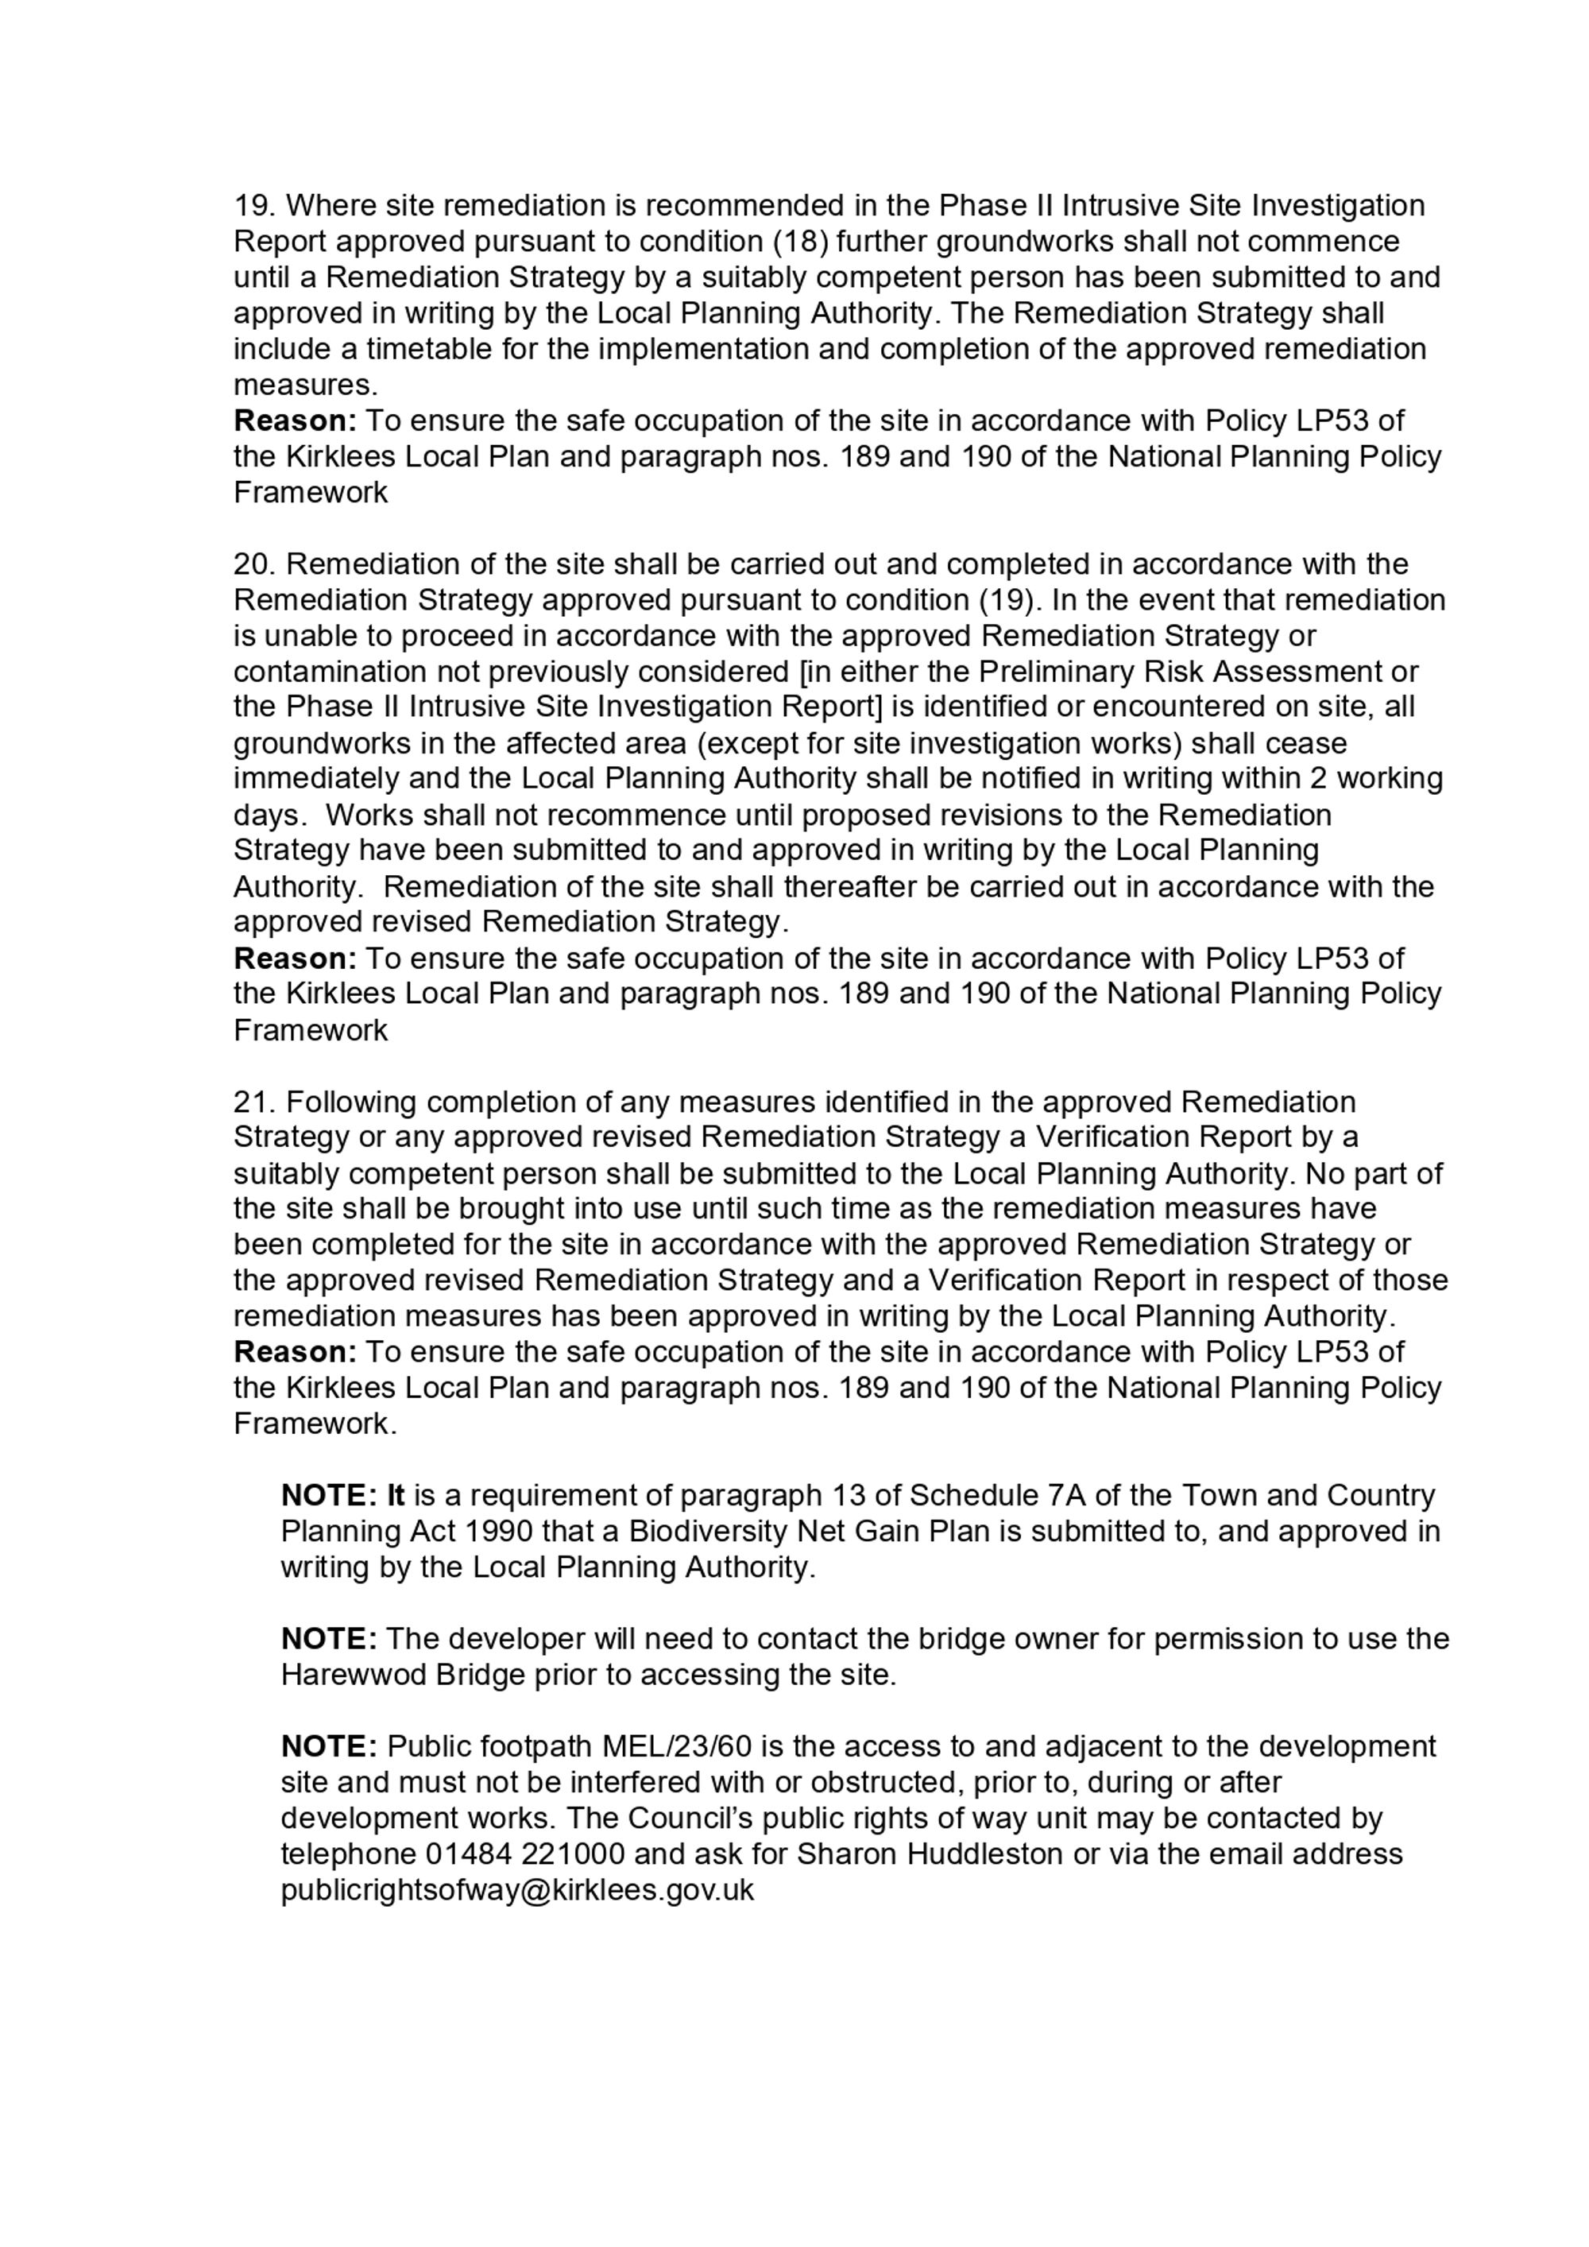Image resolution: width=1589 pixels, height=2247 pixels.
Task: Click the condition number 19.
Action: click(254, 207)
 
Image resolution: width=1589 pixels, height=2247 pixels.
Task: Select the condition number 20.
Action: click(254, 564)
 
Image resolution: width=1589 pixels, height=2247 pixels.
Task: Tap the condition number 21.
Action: click(254, 1102)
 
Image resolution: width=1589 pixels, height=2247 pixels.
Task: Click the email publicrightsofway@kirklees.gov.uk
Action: click(517, 1890)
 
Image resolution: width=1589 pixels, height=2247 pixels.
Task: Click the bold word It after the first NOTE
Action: click(396, 1497)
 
